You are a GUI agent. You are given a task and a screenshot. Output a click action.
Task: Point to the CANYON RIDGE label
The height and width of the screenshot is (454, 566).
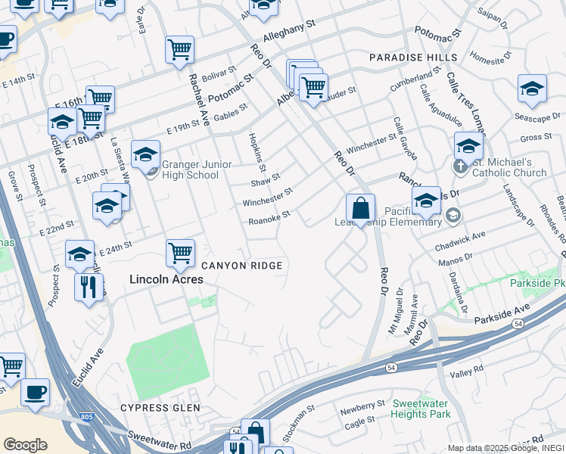tap(241, 266)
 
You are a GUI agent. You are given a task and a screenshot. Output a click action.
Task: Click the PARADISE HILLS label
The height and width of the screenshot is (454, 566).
tap(413, 58)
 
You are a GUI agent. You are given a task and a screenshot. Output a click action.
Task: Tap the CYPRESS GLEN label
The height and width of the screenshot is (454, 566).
tap(160, 408)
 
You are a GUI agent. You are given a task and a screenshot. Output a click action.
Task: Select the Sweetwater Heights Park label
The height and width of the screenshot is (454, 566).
tap(421, 409)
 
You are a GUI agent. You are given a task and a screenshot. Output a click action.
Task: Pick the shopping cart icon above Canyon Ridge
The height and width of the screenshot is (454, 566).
tap(180, 253)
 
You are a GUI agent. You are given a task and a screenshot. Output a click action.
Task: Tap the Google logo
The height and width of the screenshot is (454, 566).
tap(25, 445)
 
